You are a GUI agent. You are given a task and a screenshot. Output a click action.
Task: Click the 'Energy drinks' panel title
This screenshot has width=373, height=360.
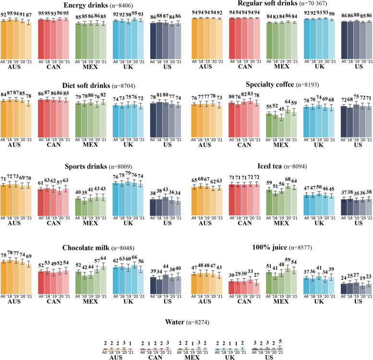(85, 5)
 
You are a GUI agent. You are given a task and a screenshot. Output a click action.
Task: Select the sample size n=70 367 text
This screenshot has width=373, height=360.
(313, 3)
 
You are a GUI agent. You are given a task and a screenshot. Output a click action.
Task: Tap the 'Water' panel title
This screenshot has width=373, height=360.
(175, 322)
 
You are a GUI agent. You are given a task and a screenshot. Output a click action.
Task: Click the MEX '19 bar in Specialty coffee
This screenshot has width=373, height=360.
(281, 127)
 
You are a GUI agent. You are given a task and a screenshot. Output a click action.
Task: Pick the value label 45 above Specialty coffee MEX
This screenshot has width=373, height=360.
(281, 109)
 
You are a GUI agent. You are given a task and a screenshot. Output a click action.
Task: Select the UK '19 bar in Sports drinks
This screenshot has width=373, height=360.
(128, 199)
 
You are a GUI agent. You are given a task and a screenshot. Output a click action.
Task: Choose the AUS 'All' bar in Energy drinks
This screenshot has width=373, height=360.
(3, 40)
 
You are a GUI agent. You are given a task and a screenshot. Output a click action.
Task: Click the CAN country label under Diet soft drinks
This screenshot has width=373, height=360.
(53, 145)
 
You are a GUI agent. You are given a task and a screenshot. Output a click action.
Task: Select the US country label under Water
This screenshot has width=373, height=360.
(269, 358)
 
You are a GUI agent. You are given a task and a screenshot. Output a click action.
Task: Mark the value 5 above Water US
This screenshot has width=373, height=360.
(280, 342)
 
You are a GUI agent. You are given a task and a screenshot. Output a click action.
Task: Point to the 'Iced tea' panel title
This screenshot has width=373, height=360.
(269, 166)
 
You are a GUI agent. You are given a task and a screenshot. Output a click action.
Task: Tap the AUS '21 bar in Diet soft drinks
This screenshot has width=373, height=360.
(28, 121)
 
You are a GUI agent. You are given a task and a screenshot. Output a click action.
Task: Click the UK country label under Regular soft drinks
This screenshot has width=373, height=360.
(320, 66)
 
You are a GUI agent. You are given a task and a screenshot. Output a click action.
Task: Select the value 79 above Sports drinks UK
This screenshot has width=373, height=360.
(128, 173)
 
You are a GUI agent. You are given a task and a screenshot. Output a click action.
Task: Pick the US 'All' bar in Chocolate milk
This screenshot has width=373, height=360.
(153, 286)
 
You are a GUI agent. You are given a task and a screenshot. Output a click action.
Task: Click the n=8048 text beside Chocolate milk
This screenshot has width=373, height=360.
(123, 248)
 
